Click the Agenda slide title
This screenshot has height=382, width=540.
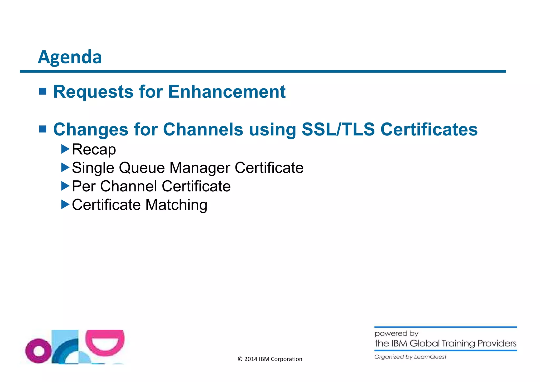point(70,57)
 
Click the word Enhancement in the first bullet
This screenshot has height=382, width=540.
point(227,92)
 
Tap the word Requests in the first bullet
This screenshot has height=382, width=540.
point(93,92)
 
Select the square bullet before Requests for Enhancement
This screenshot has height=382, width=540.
point(43,91)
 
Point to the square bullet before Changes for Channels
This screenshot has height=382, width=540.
point(43,129)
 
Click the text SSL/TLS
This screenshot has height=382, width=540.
point(338,129)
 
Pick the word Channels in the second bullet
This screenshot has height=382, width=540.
point(203,129)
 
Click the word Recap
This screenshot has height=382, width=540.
point(94,150)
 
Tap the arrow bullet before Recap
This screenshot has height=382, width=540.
point(65,149)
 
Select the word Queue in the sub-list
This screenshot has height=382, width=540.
point(142,168)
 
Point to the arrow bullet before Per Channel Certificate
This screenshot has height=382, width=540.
point(65,186)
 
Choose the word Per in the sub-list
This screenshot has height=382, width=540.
point(84,186)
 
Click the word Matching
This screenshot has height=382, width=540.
point(176,205)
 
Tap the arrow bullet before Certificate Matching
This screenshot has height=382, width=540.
point(65,204)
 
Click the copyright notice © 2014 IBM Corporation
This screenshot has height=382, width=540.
point(270,359)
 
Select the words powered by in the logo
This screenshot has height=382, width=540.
point(396,334)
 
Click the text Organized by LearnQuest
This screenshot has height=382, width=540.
point(410,357)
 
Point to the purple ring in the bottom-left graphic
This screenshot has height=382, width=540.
point(38,351)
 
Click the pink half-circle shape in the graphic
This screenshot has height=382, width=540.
point(105,342)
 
